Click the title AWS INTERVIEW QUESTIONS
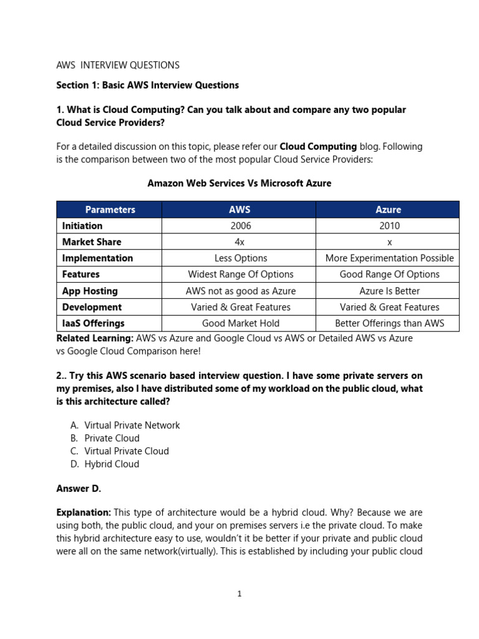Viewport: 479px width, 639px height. (118, 65)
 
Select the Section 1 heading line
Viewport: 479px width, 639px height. (147, 85)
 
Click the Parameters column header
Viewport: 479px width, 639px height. (110, 210)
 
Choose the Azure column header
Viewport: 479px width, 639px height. (388, 210)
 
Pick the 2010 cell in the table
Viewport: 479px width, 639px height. (388, 226)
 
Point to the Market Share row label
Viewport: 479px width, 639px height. (92, 242)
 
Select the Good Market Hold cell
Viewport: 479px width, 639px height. (240, 323)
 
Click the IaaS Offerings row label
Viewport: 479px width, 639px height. (93, 323)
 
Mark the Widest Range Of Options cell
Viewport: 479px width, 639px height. (240, 275)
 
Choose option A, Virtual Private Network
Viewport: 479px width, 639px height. (132, 426)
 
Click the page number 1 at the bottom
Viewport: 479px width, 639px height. (239, 594)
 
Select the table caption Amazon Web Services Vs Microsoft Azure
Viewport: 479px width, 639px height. (239, 183)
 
